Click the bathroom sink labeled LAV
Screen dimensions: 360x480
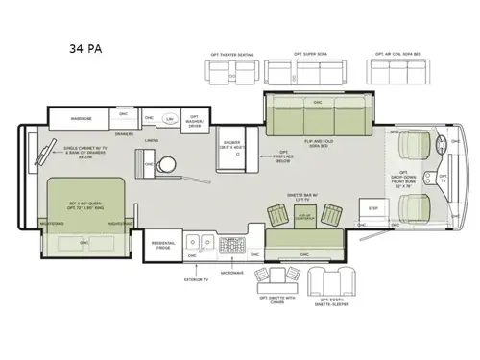point(170,119)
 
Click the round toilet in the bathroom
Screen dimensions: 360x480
point(170,164)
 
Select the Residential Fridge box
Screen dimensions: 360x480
point(162,246)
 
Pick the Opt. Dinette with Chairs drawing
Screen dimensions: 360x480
point(283,282)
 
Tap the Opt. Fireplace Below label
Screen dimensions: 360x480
point(284,157)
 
